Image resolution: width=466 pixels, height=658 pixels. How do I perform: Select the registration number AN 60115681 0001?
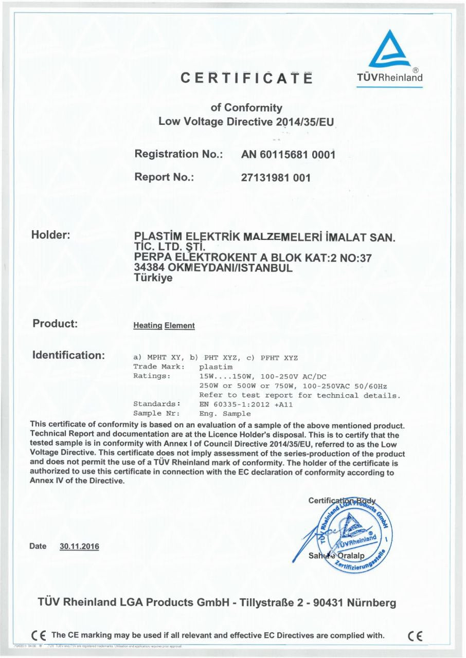click(x=288, y=154)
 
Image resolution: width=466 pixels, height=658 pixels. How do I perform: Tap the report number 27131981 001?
click(x=275, y=178)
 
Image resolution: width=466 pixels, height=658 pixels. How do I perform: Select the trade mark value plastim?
click(x=216, y=367)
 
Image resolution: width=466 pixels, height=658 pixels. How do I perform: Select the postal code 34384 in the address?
click(x=149, y=268)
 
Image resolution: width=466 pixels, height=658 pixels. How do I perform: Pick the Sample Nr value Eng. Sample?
click(x=225, y=414)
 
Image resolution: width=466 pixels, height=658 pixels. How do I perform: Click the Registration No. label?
click(x=178, y=154)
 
